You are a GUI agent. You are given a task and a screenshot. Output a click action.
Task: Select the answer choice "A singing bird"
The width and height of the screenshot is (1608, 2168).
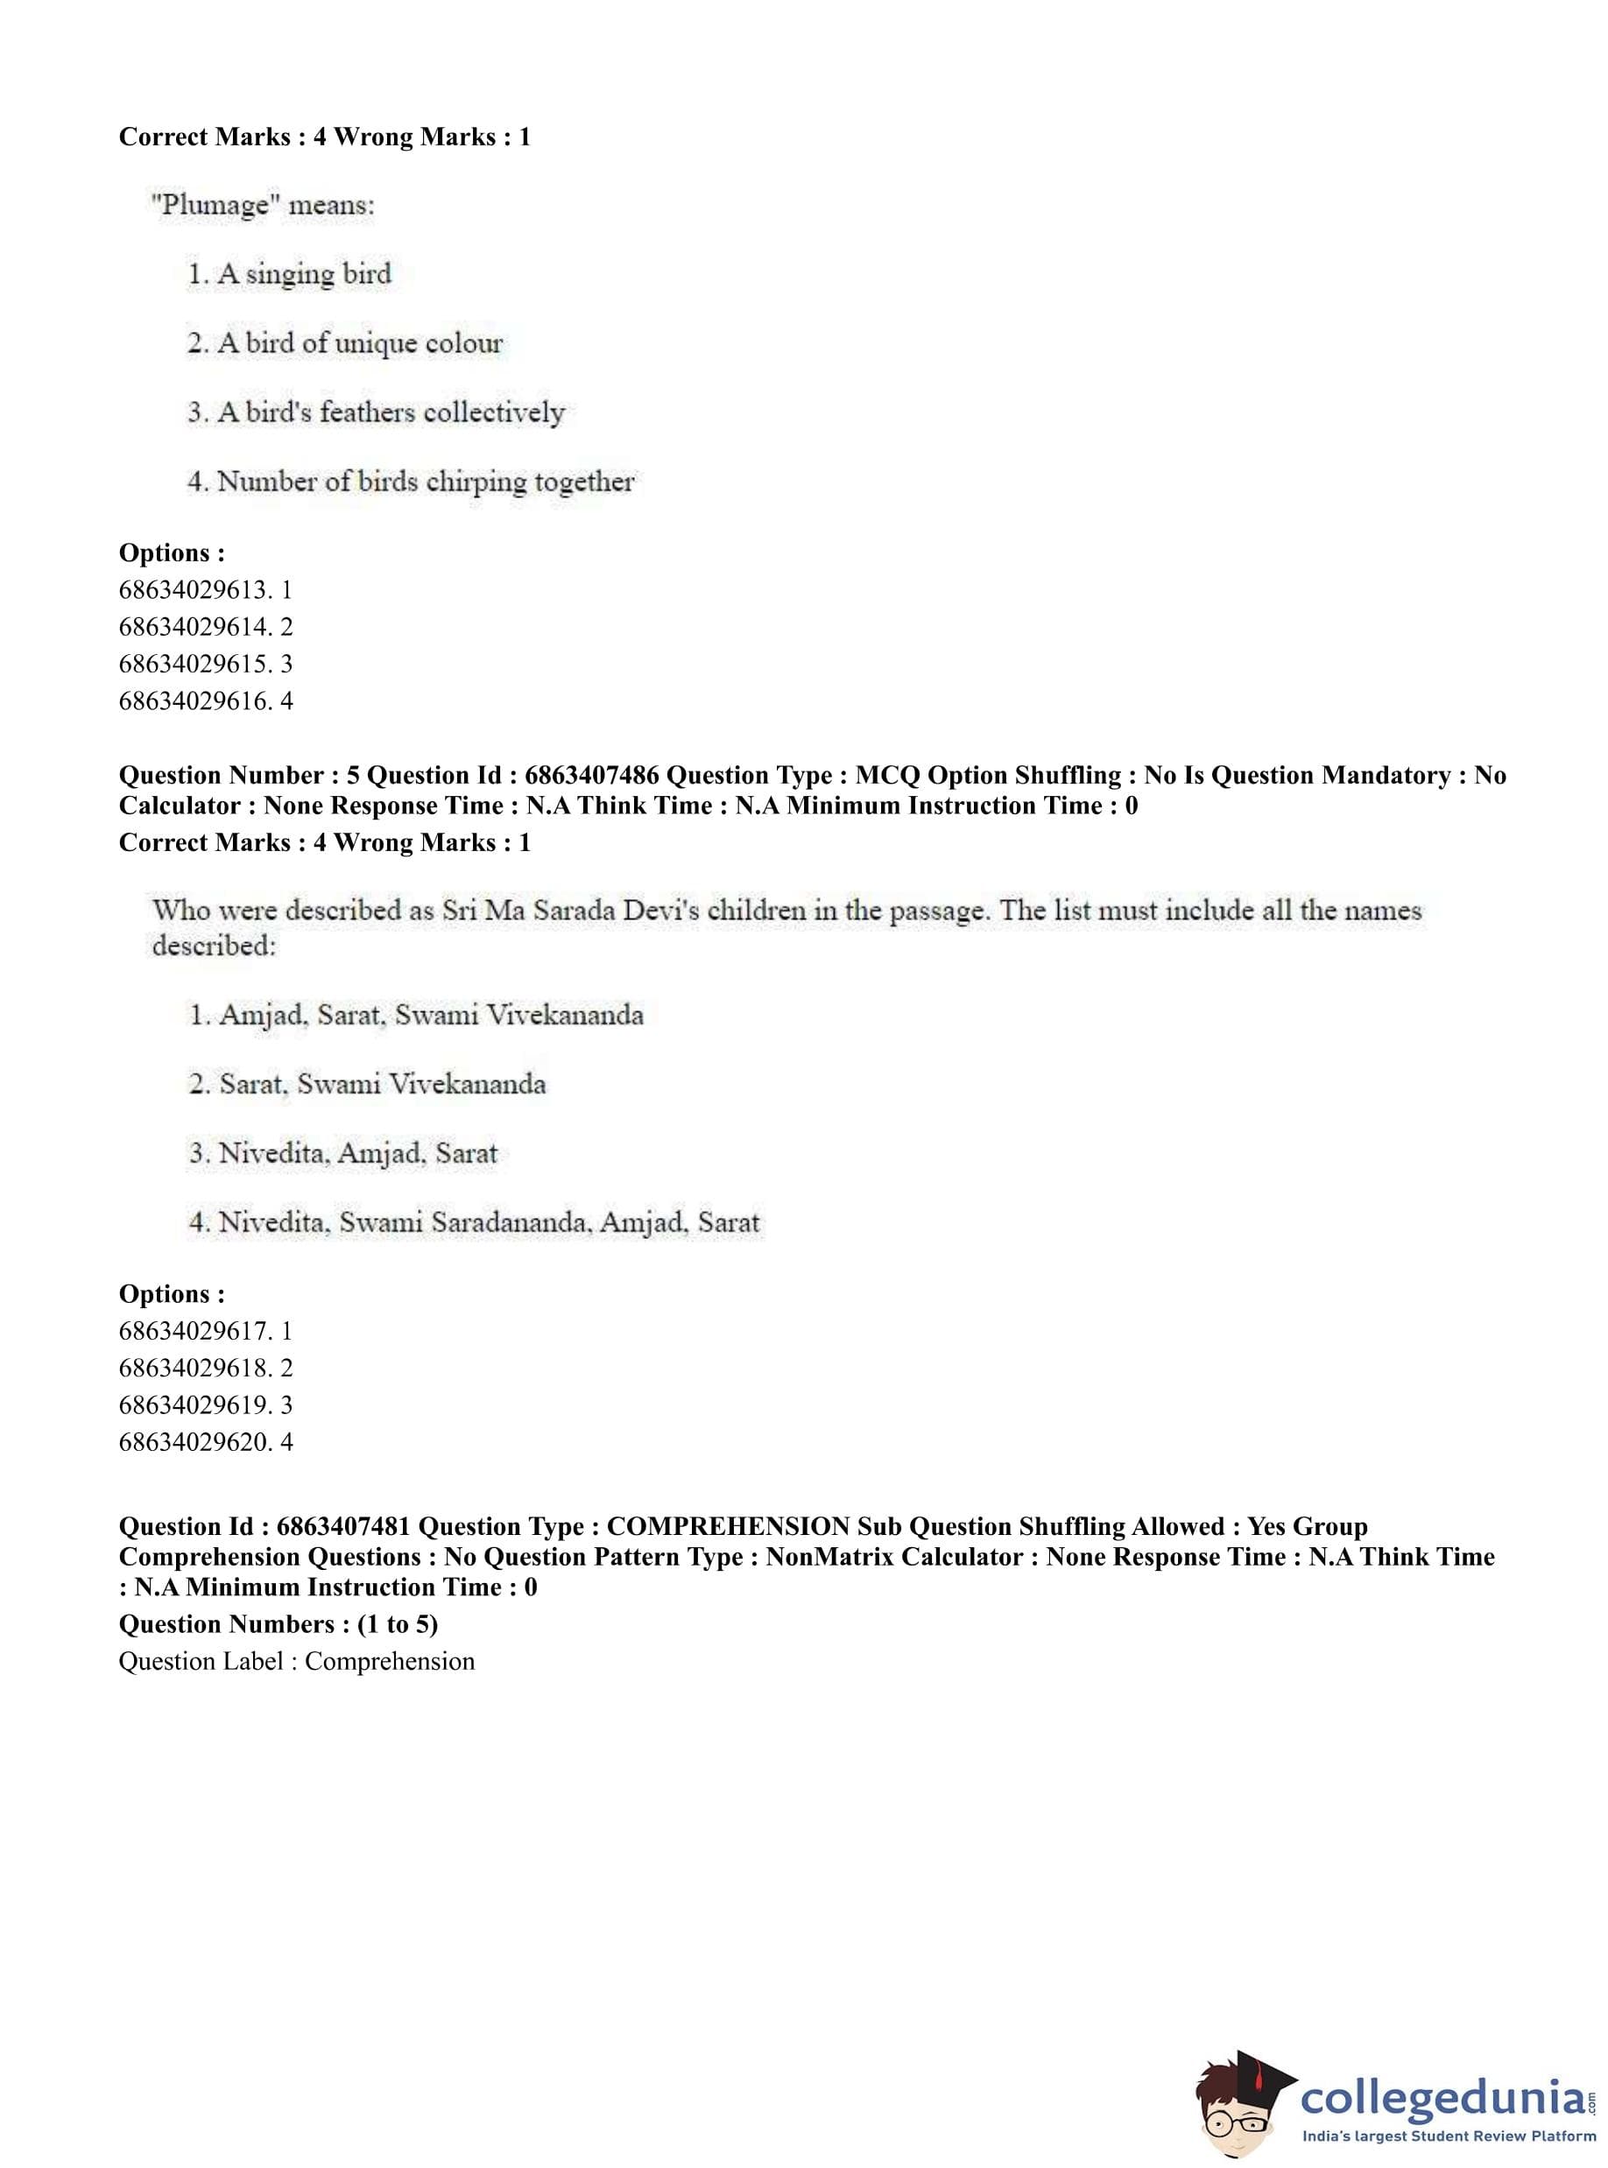click(x=289, y=274)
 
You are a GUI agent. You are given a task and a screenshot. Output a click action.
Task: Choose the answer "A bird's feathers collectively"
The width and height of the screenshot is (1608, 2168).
click(x=376, y=412)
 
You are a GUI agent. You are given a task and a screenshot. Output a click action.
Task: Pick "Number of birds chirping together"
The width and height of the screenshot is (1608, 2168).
click(x=411, y=482)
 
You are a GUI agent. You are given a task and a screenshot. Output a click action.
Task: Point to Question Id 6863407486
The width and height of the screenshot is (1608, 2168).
click(x=591, y=776)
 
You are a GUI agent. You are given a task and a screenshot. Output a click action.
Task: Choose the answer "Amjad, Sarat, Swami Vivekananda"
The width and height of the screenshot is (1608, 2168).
click(x=416, y=1016)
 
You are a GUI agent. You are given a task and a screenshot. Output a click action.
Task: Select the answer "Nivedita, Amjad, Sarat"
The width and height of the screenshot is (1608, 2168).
click(x=342, y=1154)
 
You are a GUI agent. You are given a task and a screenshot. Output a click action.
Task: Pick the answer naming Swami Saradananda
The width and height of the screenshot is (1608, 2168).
click(x=473, y=1223)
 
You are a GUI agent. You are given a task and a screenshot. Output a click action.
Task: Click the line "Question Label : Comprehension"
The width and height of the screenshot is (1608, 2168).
click(x=297, y=1661)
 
